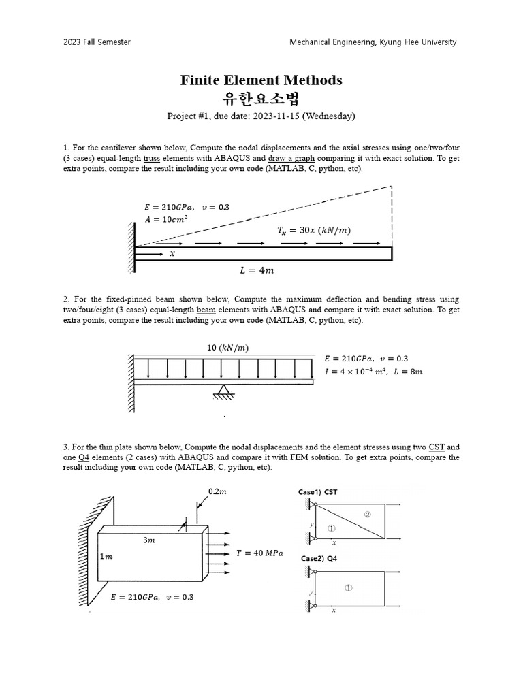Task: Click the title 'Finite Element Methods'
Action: click(x=261, y=80)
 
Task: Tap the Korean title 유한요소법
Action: click(x=261, y=99)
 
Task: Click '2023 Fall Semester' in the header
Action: click(x=97, y=42)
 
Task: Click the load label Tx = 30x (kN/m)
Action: click(x=314, y=230)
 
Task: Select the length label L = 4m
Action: click(x=257, y=270)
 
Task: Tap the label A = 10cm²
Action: click(x=165, y=219)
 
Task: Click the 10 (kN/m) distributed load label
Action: click(x=227, y=348)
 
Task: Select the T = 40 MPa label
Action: click(x=259, y=553)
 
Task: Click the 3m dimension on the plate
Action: click(x=148, y=540)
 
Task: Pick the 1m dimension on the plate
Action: click(x=106, y=557)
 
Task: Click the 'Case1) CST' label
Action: click(x=317, y=492)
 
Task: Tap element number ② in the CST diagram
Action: click(x=367, y=515)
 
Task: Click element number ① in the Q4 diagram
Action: click(x=348, y=588)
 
